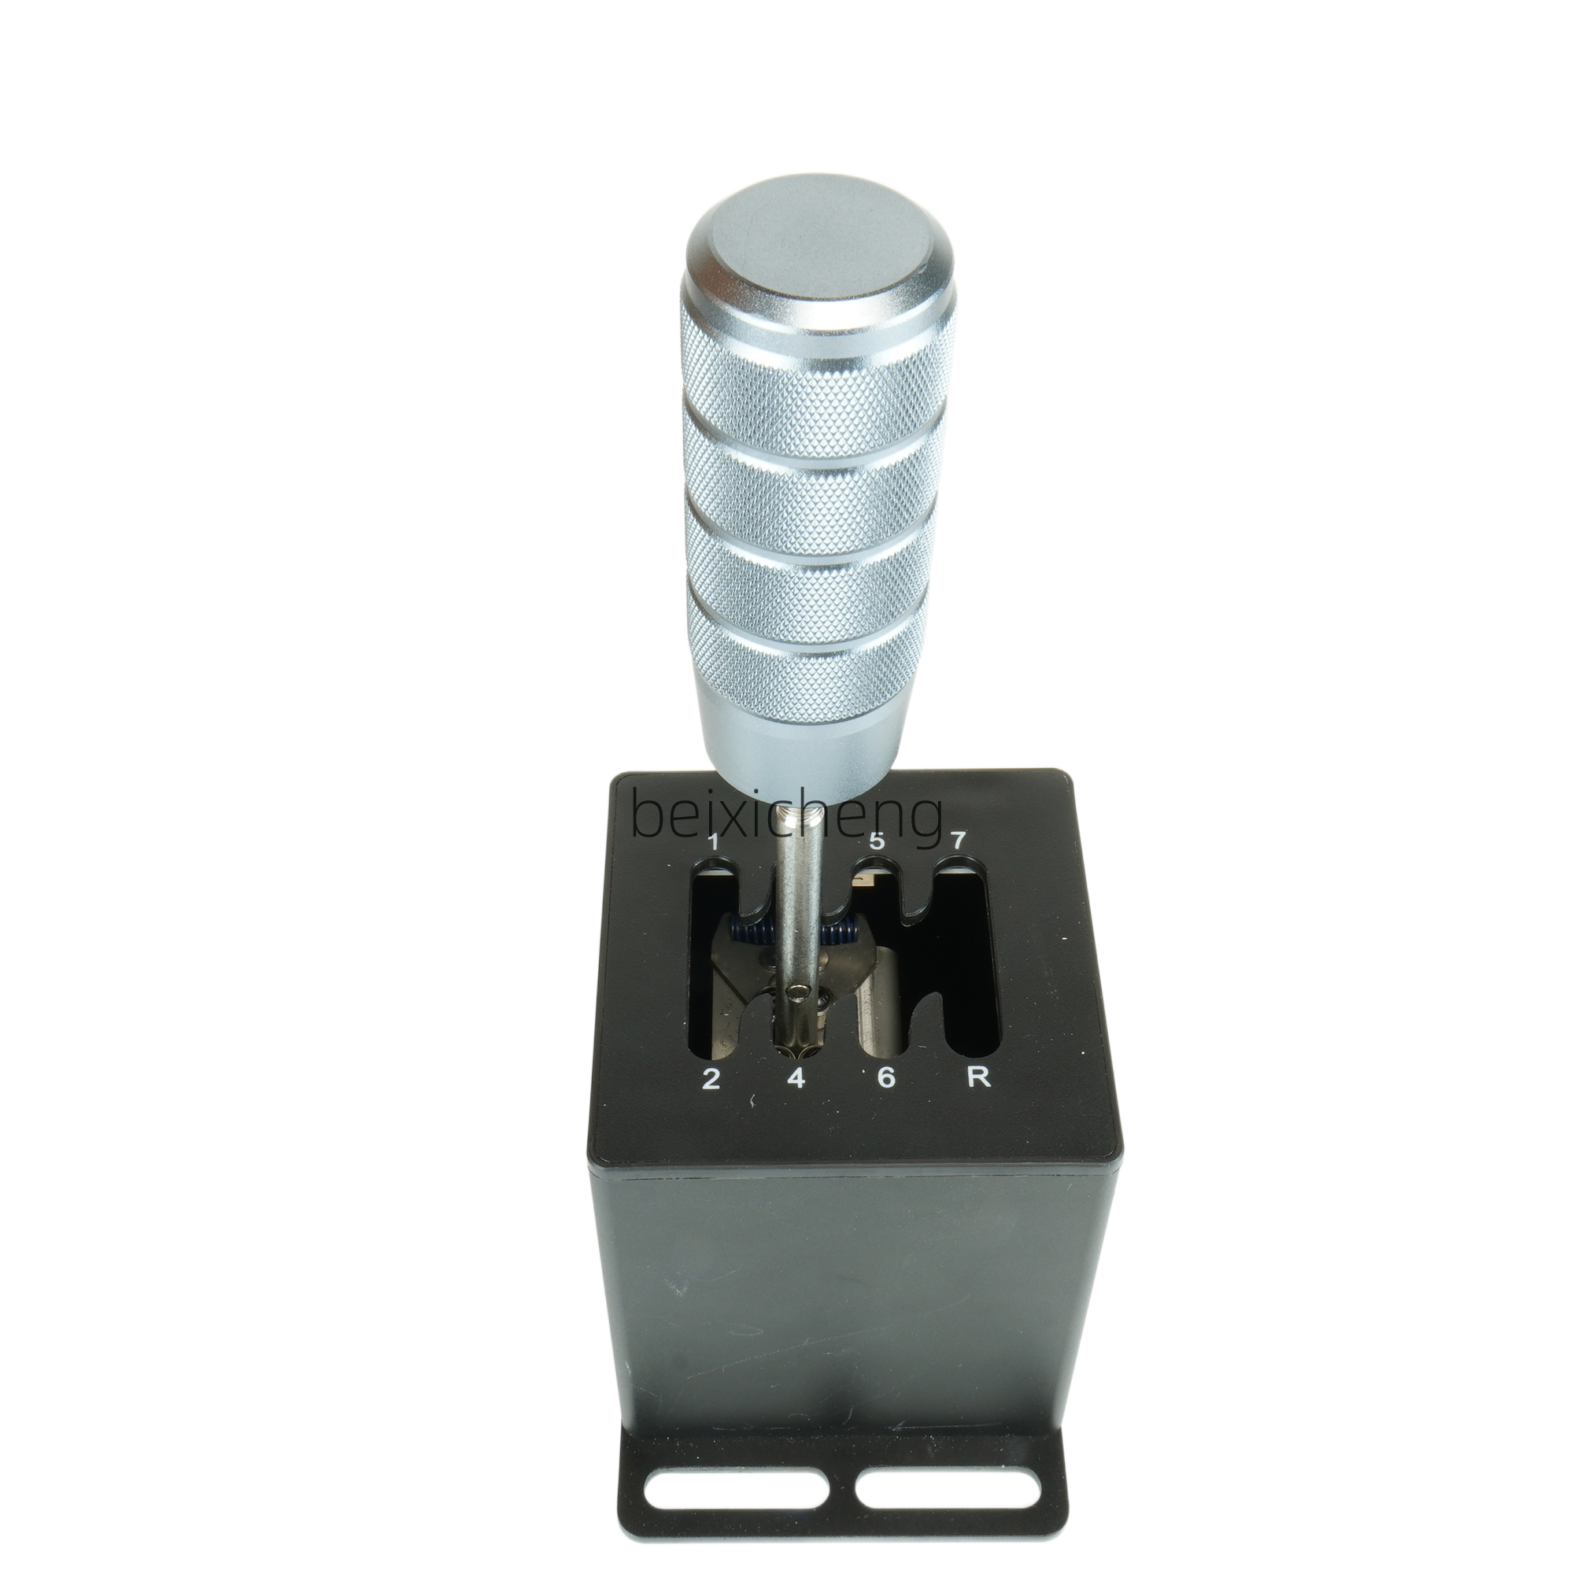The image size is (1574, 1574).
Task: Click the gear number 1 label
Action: (x=714, y=841)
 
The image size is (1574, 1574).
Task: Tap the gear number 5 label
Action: (x=877, y=841)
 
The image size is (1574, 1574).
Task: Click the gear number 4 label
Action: (x=796, y=1079)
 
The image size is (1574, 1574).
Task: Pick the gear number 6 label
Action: (x=886, y=1079)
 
